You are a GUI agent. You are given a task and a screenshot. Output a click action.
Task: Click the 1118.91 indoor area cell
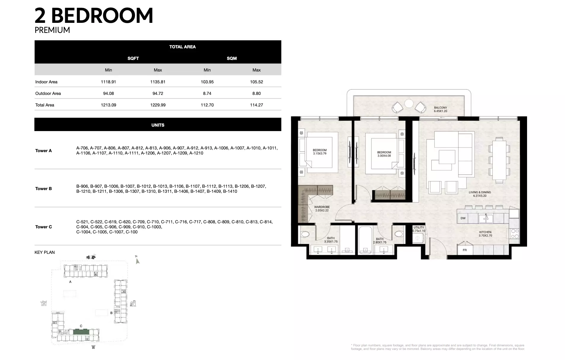[x=108, y=82]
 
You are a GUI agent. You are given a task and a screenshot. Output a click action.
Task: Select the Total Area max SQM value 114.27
[x=256, y=105]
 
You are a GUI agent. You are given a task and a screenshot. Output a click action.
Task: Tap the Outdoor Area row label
[x=48, y=93]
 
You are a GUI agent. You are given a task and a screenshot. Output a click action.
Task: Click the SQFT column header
[x=133, y=58]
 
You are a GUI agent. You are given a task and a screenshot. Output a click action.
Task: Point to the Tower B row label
[x=44, y=189]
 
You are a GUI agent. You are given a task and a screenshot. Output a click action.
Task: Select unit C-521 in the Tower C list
[x=82, y=222]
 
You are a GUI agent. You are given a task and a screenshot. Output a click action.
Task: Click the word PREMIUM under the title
[x=52, y=30]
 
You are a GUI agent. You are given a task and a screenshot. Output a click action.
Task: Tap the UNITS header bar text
[x=158, y=125]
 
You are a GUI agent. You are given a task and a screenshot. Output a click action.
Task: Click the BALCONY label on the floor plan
[x=440, y=108]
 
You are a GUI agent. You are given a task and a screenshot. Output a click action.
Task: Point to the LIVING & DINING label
[x=480, y=192]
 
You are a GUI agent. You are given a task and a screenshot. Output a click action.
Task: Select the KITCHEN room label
[x=485, y=232]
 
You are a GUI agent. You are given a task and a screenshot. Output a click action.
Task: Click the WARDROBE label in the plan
[x=322, y=207]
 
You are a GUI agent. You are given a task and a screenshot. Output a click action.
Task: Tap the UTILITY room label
[x=419, y=227]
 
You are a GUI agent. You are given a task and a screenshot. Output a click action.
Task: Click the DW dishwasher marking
[x=463, y=218]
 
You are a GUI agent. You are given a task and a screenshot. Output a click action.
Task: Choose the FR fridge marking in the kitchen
[x=465, y=250]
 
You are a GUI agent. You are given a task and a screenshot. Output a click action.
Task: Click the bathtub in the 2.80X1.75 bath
[x=365, y=240]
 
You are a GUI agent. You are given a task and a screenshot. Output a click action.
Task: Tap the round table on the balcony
[x=409, y=103]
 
